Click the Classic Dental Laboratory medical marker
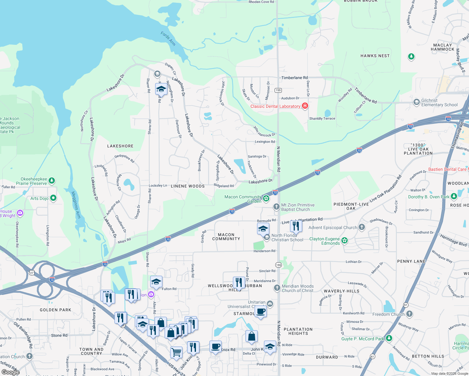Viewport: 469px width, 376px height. (305, 106)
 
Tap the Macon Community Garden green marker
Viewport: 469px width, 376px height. (266, 198)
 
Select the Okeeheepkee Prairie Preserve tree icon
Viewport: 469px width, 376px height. (52, 181)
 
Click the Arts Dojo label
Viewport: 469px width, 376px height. (40, 198)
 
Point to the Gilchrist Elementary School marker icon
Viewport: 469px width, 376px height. (416, 102)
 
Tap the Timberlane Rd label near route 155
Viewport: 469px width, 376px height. (294, 78)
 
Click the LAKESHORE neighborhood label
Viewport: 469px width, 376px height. (120, 146)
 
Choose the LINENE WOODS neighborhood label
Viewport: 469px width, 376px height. (188, 186)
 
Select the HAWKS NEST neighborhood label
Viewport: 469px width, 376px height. (375, 56)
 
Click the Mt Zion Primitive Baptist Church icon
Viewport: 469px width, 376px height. (276, 206)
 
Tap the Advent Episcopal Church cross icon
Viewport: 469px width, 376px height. (362, 227)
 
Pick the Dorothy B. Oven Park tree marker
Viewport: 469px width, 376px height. (454, 197)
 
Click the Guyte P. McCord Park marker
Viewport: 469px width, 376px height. (389, 338)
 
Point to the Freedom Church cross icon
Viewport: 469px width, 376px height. (409, 314)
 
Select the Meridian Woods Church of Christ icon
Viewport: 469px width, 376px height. (277, 288)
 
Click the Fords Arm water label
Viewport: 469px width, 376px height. (168, 39)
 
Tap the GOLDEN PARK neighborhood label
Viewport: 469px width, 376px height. (55, 310)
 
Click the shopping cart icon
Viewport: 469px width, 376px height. (176, 352)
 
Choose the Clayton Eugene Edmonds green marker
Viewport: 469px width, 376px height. (345, 241)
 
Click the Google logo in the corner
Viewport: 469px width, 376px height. (10, 372)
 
